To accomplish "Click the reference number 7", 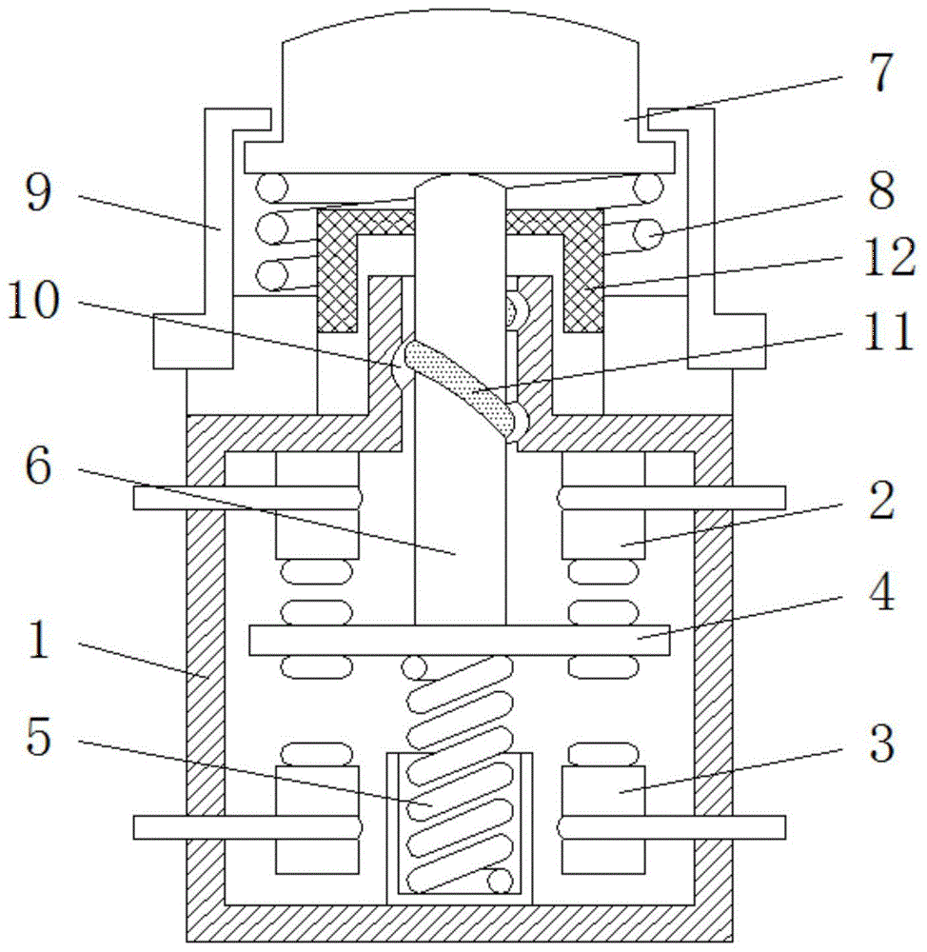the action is (880, 73).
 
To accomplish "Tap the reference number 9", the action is (39, 192).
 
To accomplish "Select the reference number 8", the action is (881, 190).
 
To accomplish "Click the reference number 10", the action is (34, 300).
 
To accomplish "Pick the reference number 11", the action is (889, 331).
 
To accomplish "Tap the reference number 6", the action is (39, 466).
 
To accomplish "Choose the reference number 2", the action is (881, 501).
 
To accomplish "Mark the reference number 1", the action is (38, 640).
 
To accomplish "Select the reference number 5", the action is (39, 737).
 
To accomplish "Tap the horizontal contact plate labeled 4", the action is (460, 640).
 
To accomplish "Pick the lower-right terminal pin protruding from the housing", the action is (671, 827).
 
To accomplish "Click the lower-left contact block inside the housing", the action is (317, 820).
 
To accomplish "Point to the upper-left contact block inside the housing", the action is (317, 506).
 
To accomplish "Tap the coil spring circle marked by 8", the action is (648, 234).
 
